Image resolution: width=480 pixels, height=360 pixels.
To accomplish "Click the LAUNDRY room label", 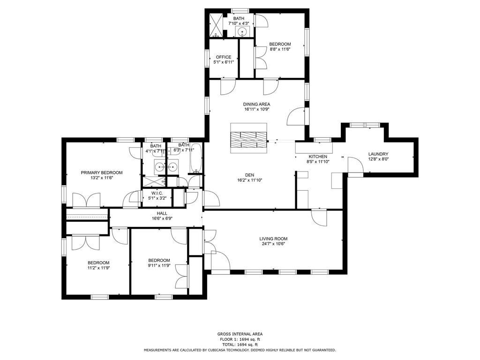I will pos(378,154).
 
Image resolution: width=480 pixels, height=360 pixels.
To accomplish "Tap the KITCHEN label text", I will pos(317,157).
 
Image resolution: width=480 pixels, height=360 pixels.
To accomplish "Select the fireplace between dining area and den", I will pos(248,137).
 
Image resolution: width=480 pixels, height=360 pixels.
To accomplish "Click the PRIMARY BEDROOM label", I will pos(101,172).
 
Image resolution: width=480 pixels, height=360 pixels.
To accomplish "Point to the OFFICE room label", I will pos(223,57).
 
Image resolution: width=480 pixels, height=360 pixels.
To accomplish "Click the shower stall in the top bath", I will pos(216,25).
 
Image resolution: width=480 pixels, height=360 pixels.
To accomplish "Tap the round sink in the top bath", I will pos(242,32).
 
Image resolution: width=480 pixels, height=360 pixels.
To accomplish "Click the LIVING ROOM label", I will pos(273,239).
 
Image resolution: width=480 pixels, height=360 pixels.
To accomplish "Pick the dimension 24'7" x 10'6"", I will pos(273,244).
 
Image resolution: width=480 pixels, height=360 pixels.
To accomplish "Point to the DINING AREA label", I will pos(256,104).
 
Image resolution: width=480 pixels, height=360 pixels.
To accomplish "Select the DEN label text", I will pos(249,174).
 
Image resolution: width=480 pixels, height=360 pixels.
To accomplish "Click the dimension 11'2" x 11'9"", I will pos(98,268).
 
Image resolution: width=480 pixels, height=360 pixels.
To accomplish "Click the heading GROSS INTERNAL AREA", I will pos(240,334).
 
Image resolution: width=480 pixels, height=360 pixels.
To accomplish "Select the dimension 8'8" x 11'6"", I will pos(280,49).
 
